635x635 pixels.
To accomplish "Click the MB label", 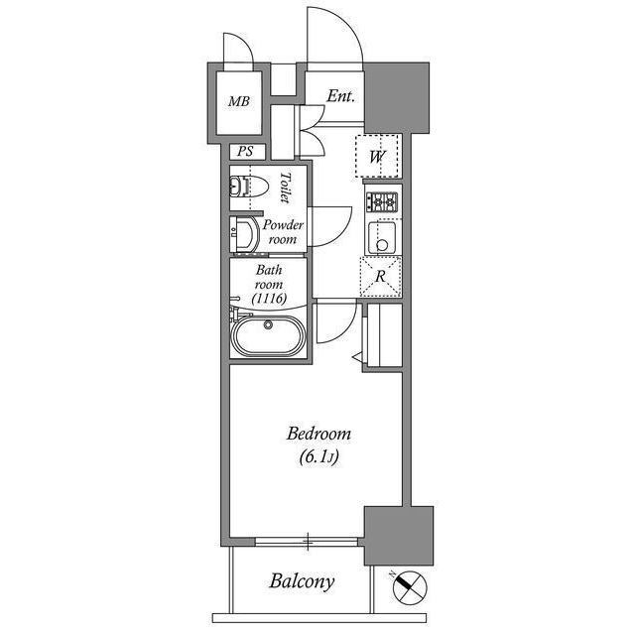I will [x=239, y=102].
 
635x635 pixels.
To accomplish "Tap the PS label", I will [x=243, y=152].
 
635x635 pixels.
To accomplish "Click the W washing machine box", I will [x=378, y=156].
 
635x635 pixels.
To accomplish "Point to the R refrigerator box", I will [x=380, y=276].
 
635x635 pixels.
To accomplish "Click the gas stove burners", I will [x=382, y=201].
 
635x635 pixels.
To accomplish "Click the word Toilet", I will [x=285, y=187].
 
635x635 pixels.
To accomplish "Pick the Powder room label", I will [x=282, y=232].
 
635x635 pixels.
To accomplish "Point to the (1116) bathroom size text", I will [x=269, y=297].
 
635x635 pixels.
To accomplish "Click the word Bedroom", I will [x=318, y=434].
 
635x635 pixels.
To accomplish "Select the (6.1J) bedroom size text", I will [x=318, y=458].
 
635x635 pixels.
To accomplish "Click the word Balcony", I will [x=303, y=581].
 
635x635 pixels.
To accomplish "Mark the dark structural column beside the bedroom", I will [x=398, y=536].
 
